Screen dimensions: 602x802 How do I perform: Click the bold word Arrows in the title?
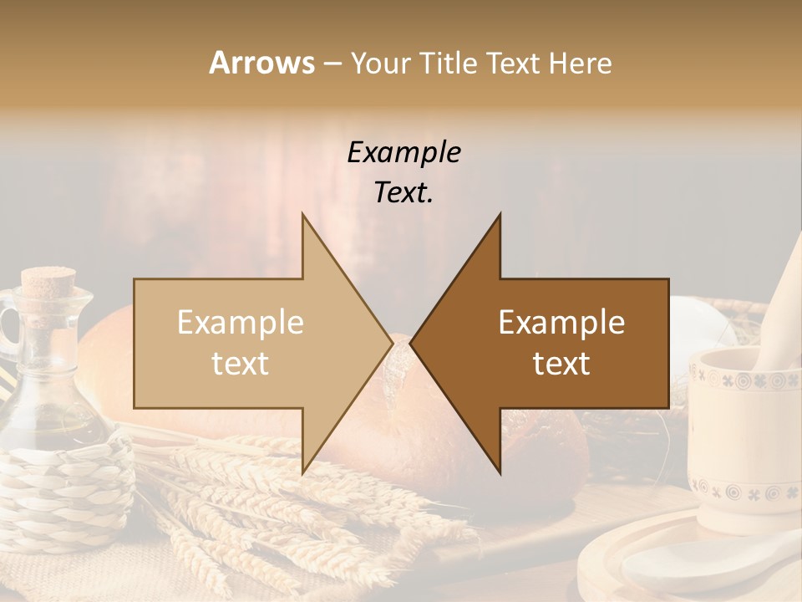[x=261, y=63]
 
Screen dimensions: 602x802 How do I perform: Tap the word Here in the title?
[x=579, y=63]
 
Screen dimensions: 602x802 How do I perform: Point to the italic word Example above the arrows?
[x=404, y=153]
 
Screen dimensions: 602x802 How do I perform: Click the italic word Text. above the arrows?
[x=404, y=193]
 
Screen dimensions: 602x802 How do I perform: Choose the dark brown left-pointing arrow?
[x=551, y=344]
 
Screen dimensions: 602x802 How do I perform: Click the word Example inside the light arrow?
[x=240, y=323]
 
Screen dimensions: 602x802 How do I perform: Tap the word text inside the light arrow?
[x=240, y=364]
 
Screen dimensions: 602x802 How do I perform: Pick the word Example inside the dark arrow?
[x=561, y=323]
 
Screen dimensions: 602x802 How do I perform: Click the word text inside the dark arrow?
[x=561, y=364]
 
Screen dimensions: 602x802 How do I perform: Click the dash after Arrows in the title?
[x=332, y=64]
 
